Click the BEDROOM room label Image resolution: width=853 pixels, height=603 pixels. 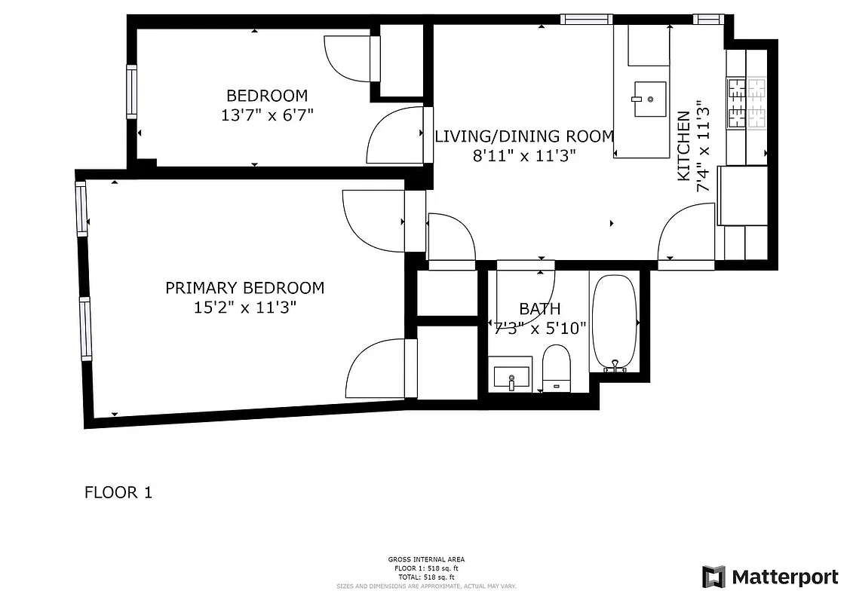coord(267,96)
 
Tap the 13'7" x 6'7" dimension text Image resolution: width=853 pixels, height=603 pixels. coord(267,115)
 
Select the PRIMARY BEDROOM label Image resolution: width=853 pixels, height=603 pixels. coord(244,288)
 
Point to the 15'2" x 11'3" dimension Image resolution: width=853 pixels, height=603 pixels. coord(244,308)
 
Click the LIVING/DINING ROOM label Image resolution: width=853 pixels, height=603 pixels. coord(525,136)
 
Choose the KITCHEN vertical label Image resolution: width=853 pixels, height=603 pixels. coord(683,146)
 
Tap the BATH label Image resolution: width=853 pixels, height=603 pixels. coord(539,308)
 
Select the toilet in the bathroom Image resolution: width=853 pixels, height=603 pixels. coord(557,366)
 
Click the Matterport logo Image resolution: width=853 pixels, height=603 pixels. coord(770,577)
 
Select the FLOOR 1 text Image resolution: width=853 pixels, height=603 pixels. coord(118,493)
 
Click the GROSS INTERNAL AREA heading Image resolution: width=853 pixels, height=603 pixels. coord(426,559)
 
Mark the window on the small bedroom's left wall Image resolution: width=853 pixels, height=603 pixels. coord(131,92)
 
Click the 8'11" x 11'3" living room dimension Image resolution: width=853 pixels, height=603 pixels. coord(525,156)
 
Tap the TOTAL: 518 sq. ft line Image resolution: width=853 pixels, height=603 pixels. coord(426,576)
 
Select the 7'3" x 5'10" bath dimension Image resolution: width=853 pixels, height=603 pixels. coord(541,328)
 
